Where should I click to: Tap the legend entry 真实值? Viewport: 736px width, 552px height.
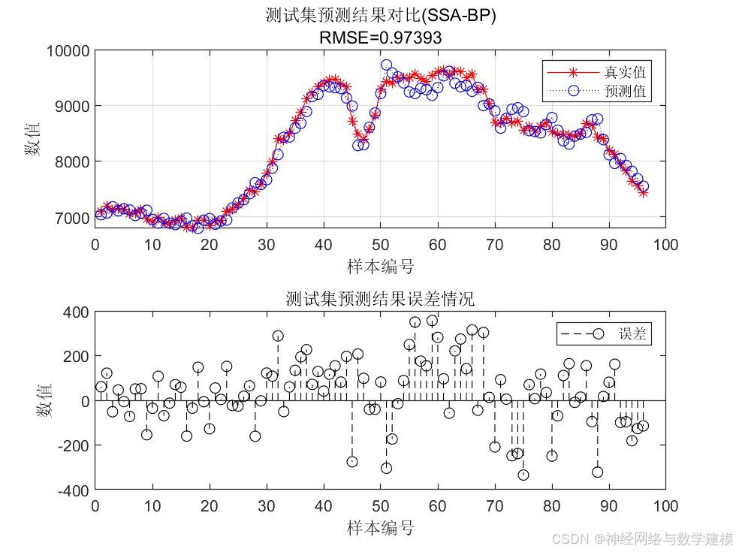pos(625,73)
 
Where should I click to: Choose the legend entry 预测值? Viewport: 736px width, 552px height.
pos(625,92)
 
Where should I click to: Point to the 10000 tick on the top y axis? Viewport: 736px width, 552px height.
pos(69,51)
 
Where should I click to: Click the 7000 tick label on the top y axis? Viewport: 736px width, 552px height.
pos(74,218)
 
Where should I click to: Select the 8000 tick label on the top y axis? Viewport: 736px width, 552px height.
pos(74,162)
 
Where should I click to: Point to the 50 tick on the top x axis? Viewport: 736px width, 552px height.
pos(381,245)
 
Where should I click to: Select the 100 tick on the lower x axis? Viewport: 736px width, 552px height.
pos(666,505)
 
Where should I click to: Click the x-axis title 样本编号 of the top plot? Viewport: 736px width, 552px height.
pos(381,266)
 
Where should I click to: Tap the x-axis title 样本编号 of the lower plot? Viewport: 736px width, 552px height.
pos(381,527)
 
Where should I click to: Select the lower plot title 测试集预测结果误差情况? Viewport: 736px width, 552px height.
pos(381,299)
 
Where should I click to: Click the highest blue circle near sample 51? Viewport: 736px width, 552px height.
pos(386,65)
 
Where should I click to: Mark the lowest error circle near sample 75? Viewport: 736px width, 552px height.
pos(523,475)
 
